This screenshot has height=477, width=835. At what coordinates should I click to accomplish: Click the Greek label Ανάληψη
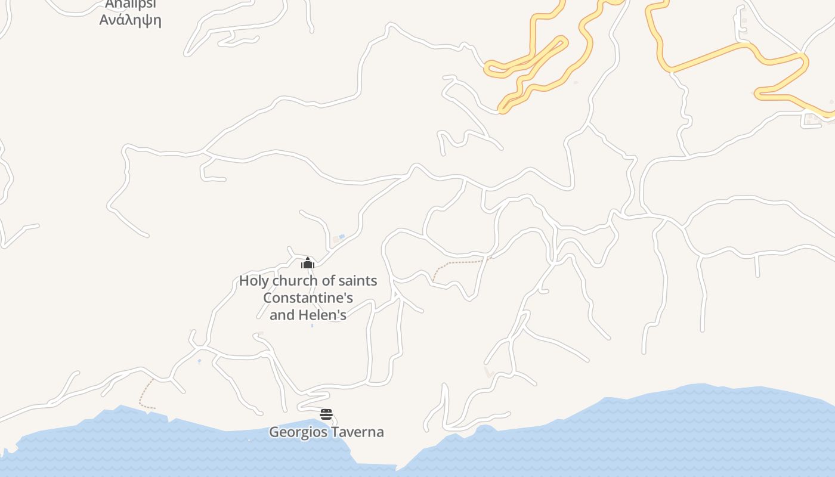(x=130, y=20)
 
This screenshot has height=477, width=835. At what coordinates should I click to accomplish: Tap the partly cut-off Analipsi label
(x=130, y=5)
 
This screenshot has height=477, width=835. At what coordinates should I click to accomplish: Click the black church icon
(x=308, y=263)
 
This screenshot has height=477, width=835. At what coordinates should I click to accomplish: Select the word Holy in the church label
(x=254, y=281)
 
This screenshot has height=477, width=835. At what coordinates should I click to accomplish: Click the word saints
(x=357, y=281)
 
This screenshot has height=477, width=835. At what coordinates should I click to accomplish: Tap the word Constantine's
(x=308, y=298)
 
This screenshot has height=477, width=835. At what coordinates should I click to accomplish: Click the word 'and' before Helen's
(x=282, y=315)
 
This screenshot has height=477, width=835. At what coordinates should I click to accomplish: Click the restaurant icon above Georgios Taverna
(x=326, y=414)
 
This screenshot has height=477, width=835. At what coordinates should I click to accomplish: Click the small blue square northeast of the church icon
(x=342, y=237)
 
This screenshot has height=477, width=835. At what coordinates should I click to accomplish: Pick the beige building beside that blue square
(x=335, y=240)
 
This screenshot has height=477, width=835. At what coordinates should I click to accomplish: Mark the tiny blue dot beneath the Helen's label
(x=312, y=326)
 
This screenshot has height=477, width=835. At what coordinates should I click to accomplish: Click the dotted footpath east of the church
(x=459, y=262)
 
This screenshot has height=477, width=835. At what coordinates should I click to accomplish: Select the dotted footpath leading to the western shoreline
(x=143, y=397)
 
